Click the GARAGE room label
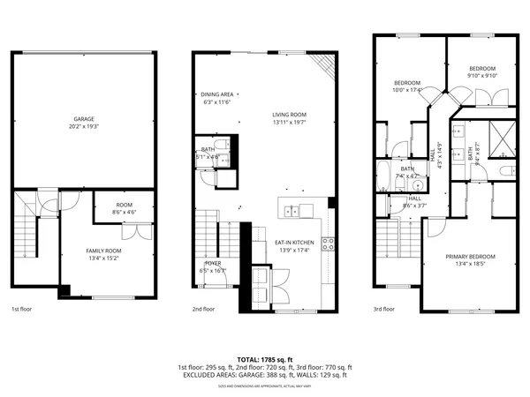click(84, 119)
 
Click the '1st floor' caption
click(21, 310)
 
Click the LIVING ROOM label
click(289, 114)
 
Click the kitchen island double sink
click(299, 210)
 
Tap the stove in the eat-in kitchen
click(328, 244)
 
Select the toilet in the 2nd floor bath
click(205, 176)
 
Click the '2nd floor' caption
click(203, 310)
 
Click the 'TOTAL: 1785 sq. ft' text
click(265, 359)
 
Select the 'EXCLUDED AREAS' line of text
click(265, 376)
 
